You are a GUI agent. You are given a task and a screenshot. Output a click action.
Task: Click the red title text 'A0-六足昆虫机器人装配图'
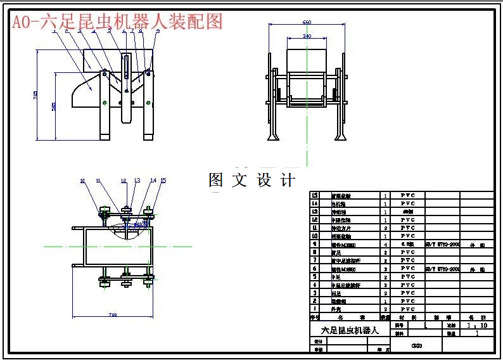pos(117,22)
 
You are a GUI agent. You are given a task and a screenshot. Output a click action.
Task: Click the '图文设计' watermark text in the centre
pos(252,180)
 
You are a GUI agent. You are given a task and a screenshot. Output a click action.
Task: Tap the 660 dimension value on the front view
pos(307,22)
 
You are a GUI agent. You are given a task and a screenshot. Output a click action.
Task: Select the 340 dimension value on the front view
pos(307,36)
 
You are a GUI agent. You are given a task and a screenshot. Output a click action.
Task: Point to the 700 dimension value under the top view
pos(113,315)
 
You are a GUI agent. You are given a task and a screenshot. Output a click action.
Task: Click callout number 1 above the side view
pos(54,30)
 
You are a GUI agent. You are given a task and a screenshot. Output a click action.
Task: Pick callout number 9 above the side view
pos(157,30)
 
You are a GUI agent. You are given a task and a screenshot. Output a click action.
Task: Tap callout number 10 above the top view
pos(82,181)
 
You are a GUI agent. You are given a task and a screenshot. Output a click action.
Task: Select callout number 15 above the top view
pos(163,181)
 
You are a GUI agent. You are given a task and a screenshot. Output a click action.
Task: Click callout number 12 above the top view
pos(124,181)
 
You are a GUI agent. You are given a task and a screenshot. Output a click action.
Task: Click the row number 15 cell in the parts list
pos(314,195)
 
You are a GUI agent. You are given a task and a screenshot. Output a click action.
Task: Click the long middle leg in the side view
pos(127,105)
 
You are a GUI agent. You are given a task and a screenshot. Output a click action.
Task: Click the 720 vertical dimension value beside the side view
pos(35,95)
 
